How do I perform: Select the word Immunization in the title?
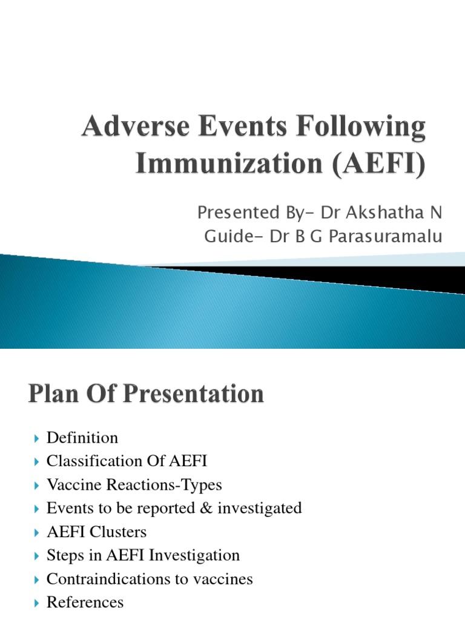(229, 163)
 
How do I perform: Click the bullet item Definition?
(82, 438)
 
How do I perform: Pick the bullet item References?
(85, 602)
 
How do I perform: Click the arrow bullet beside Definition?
(36, 438)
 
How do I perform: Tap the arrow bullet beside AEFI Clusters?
(36, 533)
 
